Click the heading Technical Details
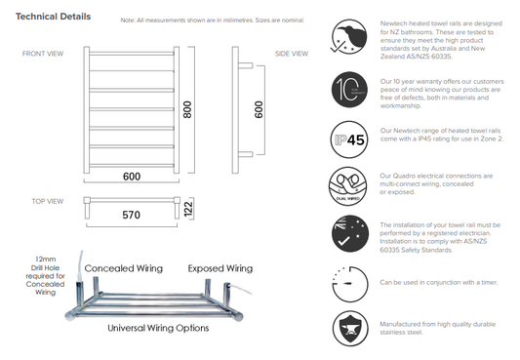[54, 18]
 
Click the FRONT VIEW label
[43, 54]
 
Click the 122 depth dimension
[189, 209]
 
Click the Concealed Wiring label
[123, 267]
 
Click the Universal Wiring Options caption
[158, 328]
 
